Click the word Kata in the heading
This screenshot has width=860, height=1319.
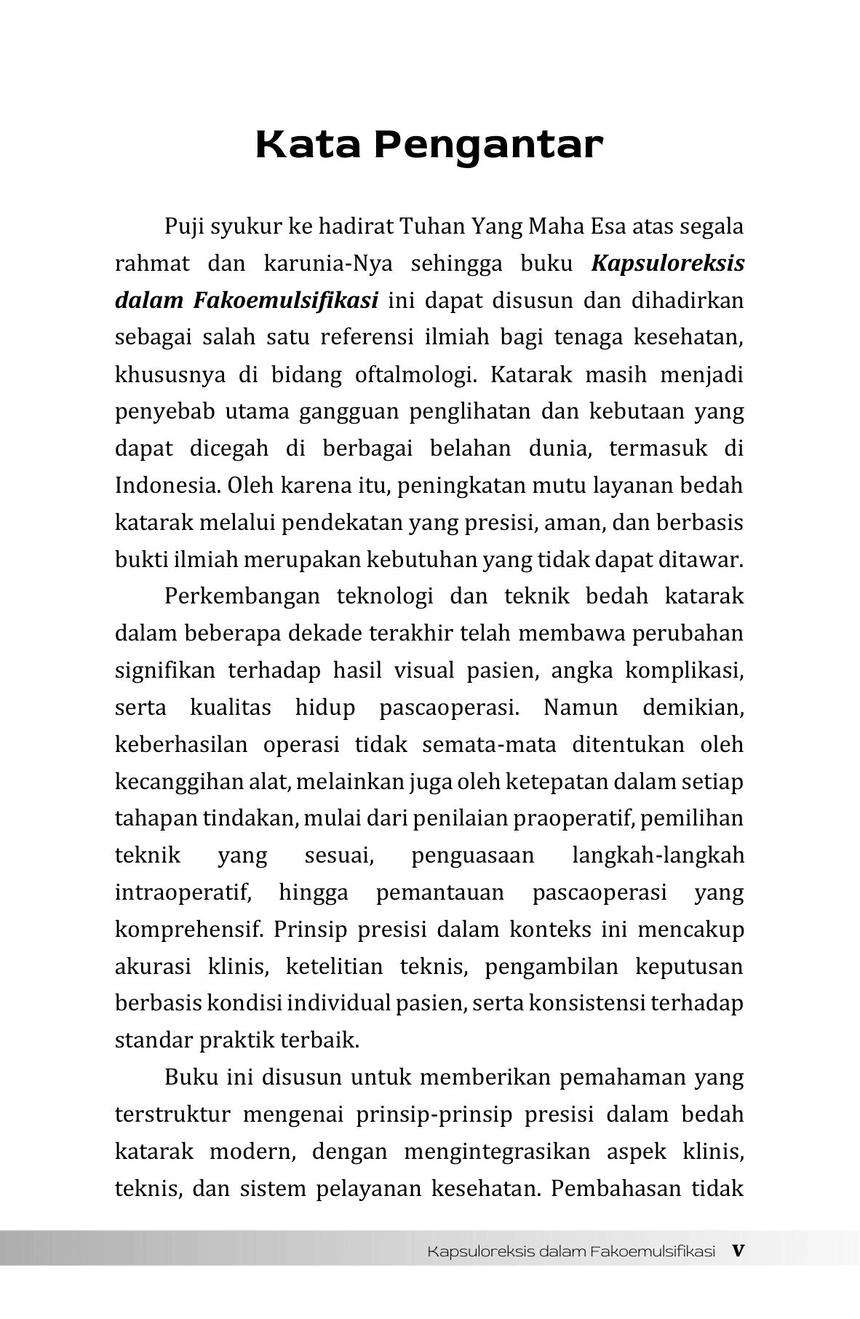coord(308,145)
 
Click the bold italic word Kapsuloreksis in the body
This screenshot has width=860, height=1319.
coord(668,264)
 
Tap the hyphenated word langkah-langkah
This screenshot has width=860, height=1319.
coord(658,855)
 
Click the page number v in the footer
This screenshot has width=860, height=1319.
coord(738,1251)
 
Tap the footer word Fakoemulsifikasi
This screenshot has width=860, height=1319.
coord(653,1251)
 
